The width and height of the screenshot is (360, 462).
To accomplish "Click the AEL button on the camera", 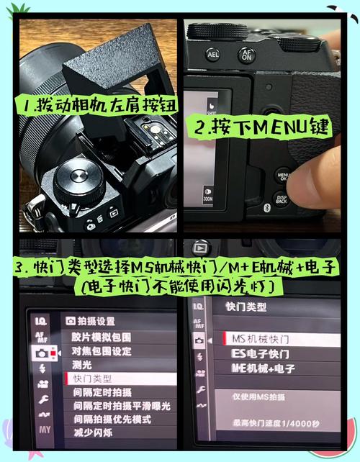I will [213, 53].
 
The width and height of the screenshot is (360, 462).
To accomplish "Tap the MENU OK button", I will [283, 176].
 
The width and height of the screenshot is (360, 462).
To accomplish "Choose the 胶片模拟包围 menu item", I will [101, 336].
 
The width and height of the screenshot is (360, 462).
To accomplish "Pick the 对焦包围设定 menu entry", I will [101, 350].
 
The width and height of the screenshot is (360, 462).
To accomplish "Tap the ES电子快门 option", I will [260, 354].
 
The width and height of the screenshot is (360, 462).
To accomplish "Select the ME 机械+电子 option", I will [263, 368].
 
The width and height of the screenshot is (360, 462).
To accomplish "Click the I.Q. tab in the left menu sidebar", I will [40, 320].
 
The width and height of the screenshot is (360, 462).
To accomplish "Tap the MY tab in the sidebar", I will [45, 430].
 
